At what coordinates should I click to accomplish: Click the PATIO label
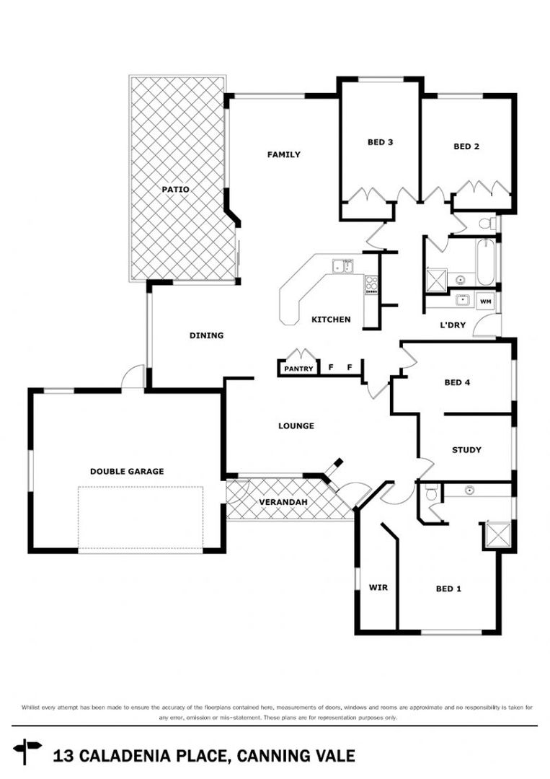click(175, 189)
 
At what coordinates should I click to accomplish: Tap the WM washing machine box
click(486, 300)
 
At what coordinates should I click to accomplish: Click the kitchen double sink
click(342, 267)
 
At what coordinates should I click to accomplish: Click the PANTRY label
click(298, 369)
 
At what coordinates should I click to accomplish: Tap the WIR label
click(378, 588)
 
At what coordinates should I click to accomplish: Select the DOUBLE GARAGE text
click(127, 471)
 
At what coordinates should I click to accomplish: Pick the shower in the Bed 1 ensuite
click(496, 534)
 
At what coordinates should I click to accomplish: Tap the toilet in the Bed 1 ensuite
click(430, 493)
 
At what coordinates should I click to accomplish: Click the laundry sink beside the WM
click(462, 300)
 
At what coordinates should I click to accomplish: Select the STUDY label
click(466, 450)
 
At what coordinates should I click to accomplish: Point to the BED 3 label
click(380, 142)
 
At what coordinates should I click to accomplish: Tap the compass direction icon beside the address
click(28, 751)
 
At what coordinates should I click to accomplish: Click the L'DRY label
click(453, 325)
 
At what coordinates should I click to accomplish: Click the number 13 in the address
click(63, 756)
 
